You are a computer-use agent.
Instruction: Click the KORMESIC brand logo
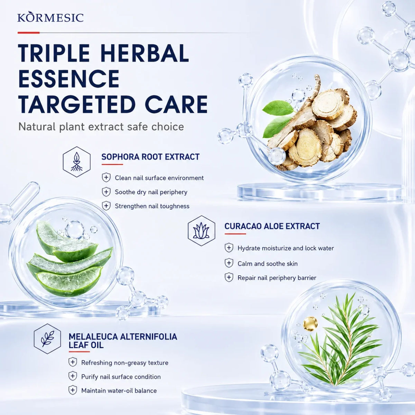coord(50,17)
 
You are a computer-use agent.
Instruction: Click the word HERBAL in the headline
coord(145,53)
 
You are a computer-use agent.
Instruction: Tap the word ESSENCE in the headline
coord(69,79)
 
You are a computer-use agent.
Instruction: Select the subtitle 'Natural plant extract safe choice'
coord(101,127)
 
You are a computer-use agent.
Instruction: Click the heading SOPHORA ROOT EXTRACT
coord(150,157)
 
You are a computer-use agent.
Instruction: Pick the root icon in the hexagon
coord(77,162)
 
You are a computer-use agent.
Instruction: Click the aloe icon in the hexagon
coord(201,231)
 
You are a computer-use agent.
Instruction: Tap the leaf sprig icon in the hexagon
coord(47,339)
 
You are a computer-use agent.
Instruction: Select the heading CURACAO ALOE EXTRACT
coord(272,226)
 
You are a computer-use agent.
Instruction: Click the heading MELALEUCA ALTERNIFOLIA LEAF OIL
coord(123,341)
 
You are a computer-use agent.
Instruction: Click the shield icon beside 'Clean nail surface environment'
coord(106,178)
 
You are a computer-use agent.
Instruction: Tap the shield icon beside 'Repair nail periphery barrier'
coord(229,277)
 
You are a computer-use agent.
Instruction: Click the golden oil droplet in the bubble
coord(310,323)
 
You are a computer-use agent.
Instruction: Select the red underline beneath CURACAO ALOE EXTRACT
coord(235,234)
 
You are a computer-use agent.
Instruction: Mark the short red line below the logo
coord(29,33)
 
